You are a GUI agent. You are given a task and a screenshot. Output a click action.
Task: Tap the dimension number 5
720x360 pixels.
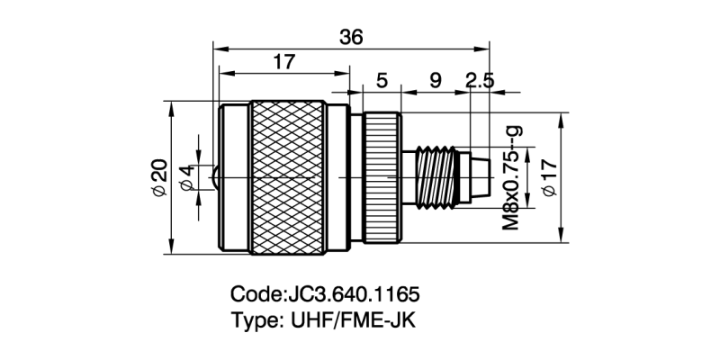click(382, 82)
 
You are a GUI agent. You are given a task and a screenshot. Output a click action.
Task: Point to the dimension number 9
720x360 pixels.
click(436, 82)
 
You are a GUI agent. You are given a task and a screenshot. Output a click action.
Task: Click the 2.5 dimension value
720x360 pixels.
click(480, 82)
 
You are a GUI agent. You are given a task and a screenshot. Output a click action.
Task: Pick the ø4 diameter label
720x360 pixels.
click(186, 177)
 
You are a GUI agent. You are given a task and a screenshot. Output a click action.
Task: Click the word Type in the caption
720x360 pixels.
click(252, 319)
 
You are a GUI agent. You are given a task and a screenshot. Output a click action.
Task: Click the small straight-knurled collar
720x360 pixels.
click(382, 177)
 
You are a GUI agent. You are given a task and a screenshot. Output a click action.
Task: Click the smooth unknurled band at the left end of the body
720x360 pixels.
click(234, 177)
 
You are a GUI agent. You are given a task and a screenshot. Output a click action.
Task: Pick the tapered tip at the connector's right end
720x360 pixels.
click(480, 177)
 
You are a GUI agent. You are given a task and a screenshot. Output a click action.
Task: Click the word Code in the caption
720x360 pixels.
click(256, 295)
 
